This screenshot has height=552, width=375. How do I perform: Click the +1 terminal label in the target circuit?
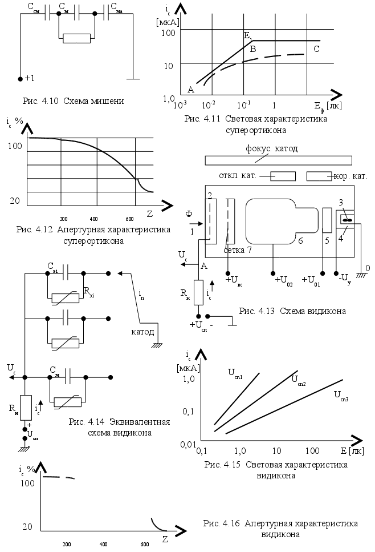click(30, 78)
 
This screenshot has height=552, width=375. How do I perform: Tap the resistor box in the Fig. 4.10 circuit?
click(77, 38)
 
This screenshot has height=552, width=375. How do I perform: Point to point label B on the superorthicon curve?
click(252, 49)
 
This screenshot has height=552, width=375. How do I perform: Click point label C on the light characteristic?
click(316, 49)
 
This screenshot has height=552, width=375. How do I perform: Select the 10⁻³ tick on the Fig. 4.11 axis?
click(180, 105)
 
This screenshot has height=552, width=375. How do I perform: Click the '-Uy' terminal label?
click(342, 279)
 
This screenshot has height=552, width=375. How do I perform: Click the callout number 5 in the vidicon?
click(327, 241)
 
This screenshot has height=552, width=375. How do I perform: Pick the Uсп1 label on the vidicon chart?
click(236, 374)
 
